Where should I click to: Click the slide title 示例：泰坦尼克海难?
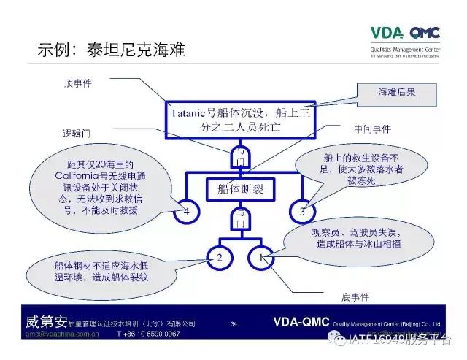point(111,50)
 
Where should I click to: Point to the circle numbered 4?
point(186,212)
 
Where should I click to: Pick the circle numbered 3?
point(301,212)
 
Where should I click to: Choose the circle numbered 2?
point(219,258)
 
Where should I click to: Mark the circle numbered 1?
point(263,258)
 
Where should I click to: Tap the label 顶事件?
point(77,83)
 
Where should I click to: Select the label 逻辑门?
point(77,134)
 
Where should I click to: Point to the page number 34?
point(233,323)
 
